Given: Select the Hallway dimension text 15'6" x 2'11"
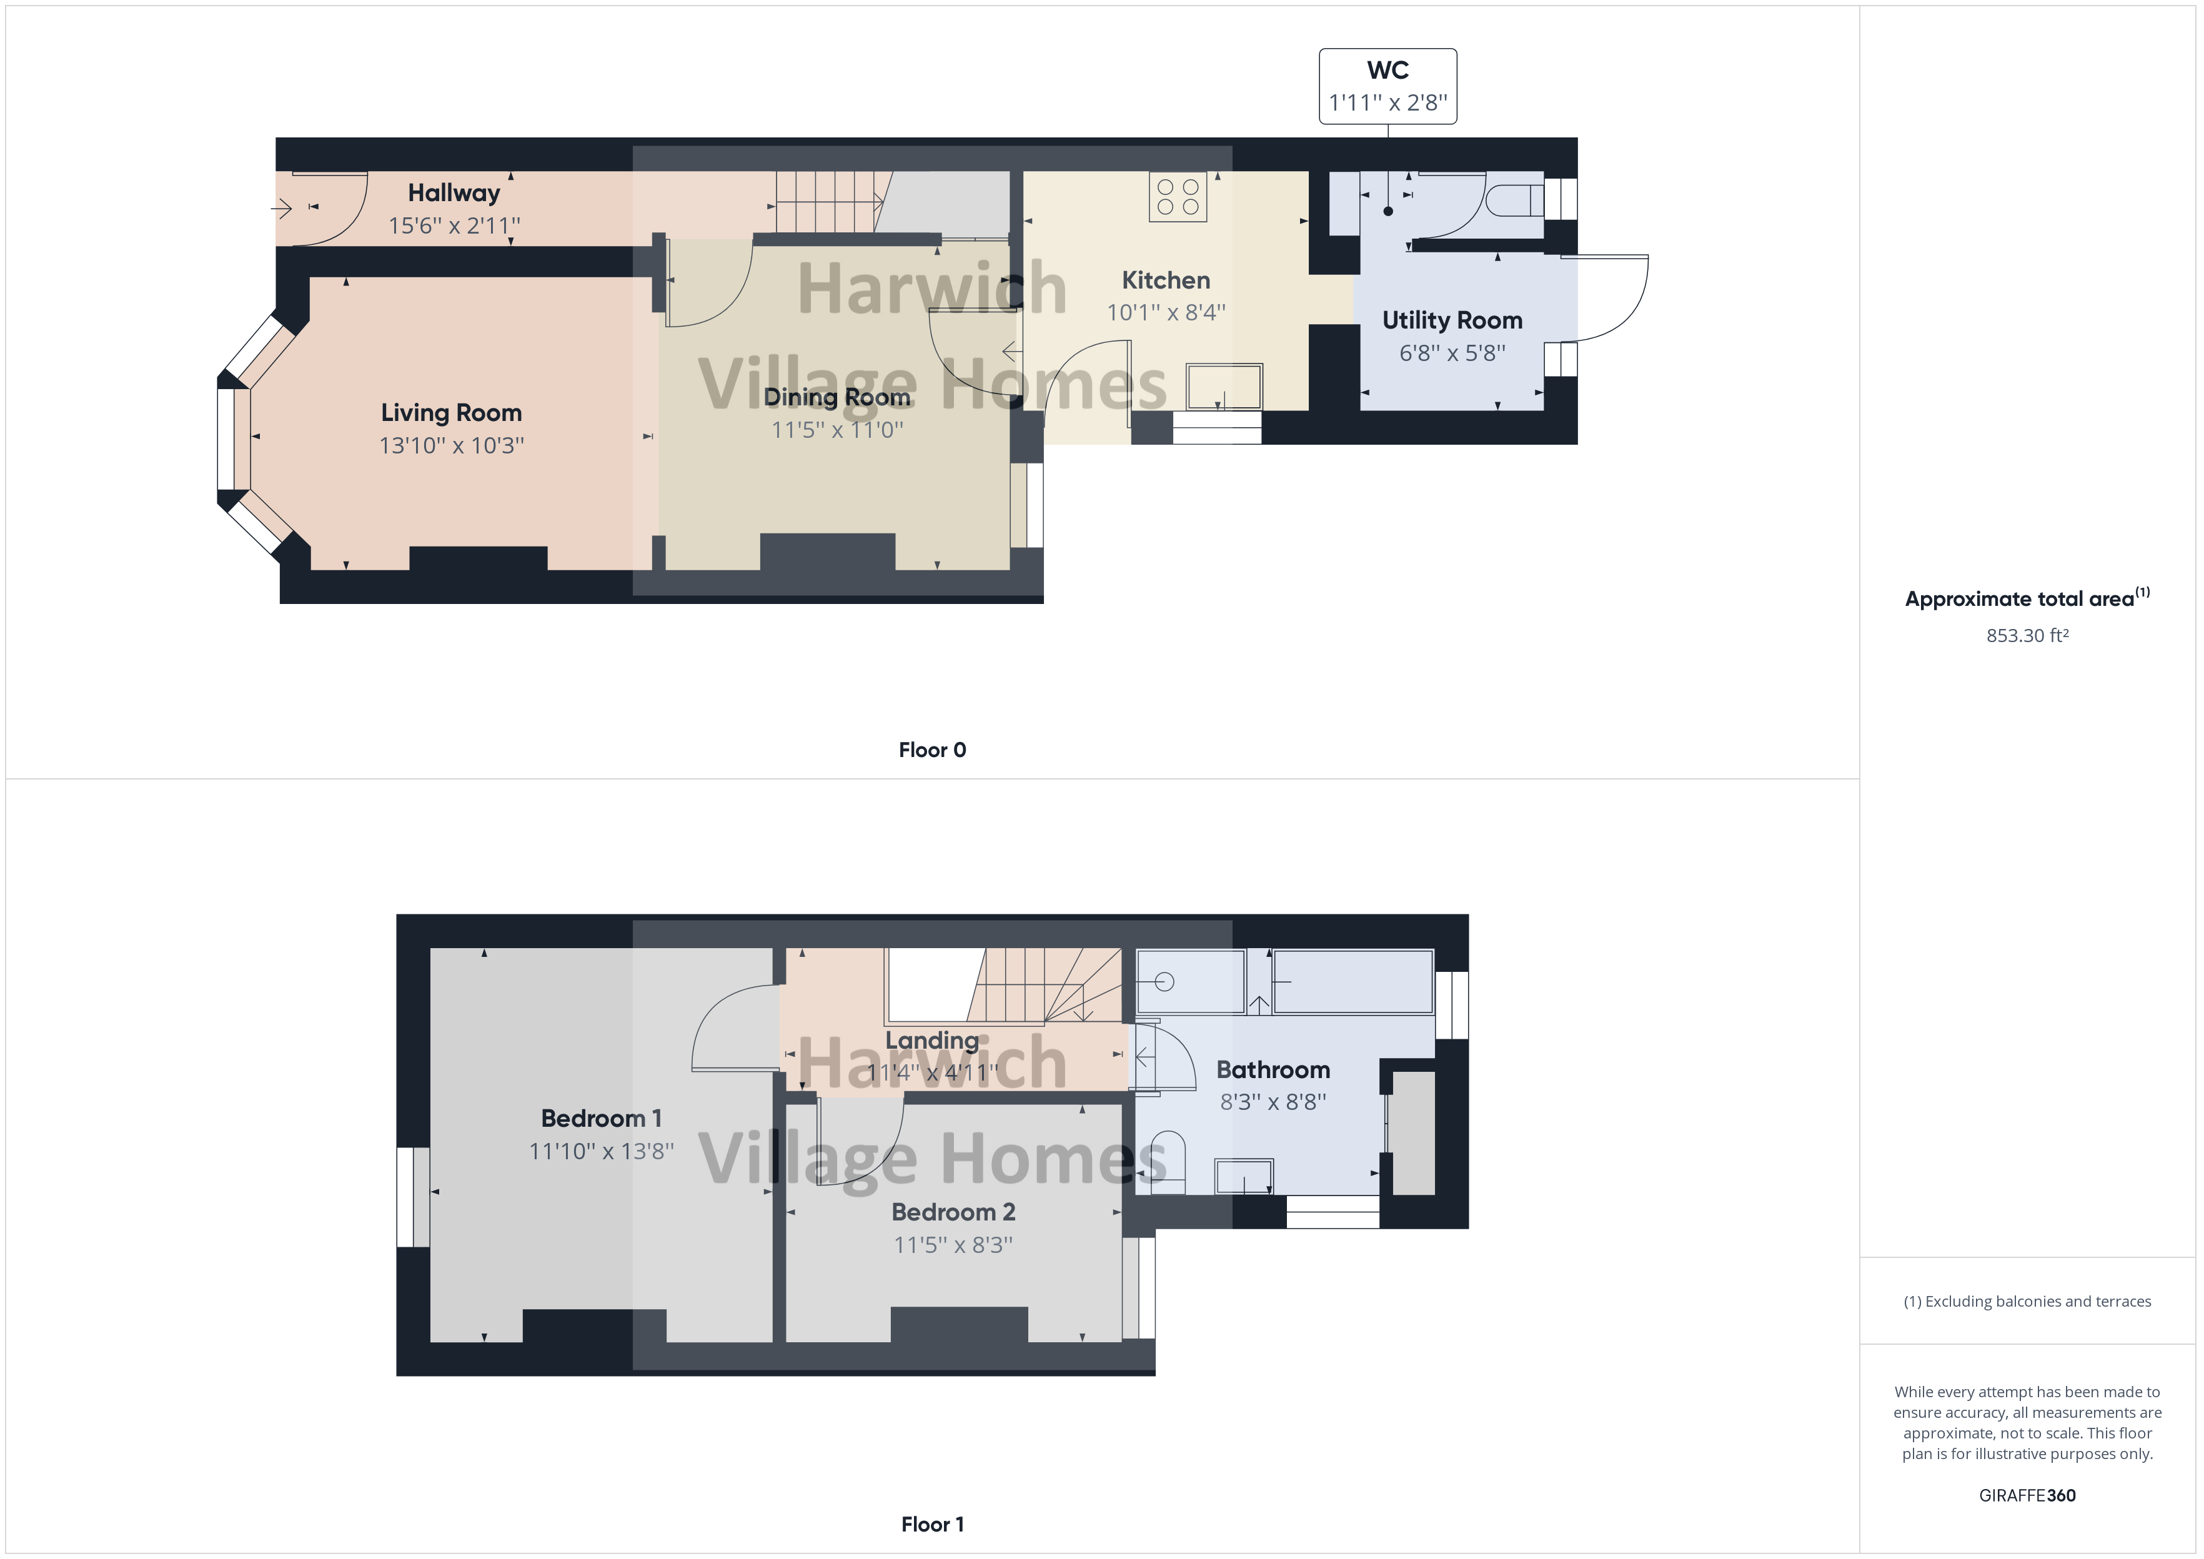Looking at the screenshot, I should [454, 225].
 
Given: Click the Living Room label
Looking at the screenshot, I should [451, 413].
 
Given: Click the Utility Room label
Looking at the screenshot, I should [1451, 320].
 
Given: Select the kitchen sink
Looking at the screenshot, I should [1224, 386].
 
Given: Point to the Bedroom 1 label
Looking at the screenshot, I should [601, 1119].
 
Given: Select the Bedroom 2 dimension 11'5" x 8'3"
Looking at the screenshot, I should [953, 1245].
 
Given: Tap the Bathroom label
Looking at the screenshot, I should [1273, 1069].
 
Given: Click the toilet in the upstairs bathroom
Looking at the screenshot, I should [1166, 1162].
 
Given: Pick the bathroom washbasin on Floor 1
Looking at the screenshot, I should [1244, 1176].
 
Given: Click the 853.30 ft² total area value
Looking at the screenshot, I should [2027, 635].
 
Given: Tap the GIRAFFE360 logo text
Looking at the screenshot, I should [2027, 1495].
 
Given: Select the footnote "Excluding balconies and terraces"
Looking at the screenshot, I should [2027, 1302].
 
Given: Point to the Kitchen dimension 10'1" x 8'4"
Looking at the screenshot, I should [1165, 312].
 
